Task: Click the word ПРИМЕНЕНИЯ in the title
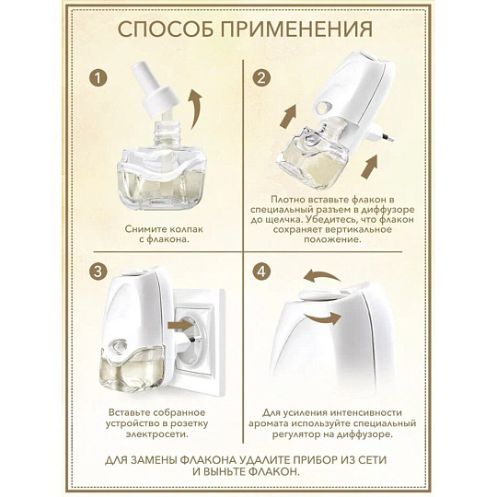point(296,29)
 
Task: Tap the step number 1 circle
point(98,78)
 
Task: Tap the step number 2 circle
point(261,78)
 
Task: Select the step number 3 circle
point(98,272)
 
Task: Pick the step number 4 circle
point(261,272)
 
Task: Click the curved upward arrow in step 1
point(195,109)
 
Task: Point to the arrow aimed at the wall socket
point(181,325)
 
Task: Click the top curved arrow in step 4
point(322,276)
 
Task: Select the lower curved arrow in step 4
point(323,318)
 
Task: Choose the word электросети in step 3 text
point(157,433)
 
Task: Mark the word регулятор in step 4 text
point(296,433)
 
